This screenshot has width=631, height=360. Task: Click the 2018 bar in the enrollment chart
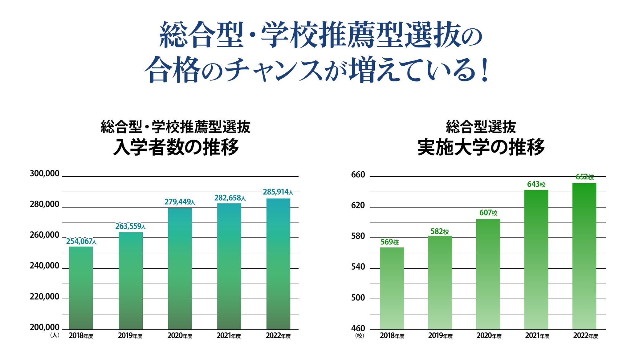81,288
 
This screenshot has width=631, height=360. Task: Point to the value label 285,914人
278,192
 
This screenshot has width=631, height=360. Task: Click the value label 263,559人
131,227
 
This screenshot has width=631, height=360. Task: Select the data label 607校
488,213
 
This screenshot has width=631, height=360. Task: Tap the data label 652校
584,177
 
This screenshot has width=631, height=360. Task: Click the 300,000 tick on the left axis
45,174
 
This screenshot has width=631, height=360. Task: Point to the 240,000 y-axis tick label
45,266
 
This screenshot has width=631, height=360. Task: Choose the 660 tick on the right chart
358,175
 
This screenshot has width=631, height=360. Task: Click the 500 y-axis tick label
358,298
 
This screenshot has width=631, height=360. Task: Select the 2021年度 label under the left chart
229,336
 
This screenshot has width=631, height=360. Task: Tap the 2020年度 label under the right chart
489,336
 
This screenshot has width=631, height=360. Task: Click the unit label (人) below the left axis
55,335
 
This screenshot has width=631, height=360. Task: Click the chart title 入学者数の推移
176,148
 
